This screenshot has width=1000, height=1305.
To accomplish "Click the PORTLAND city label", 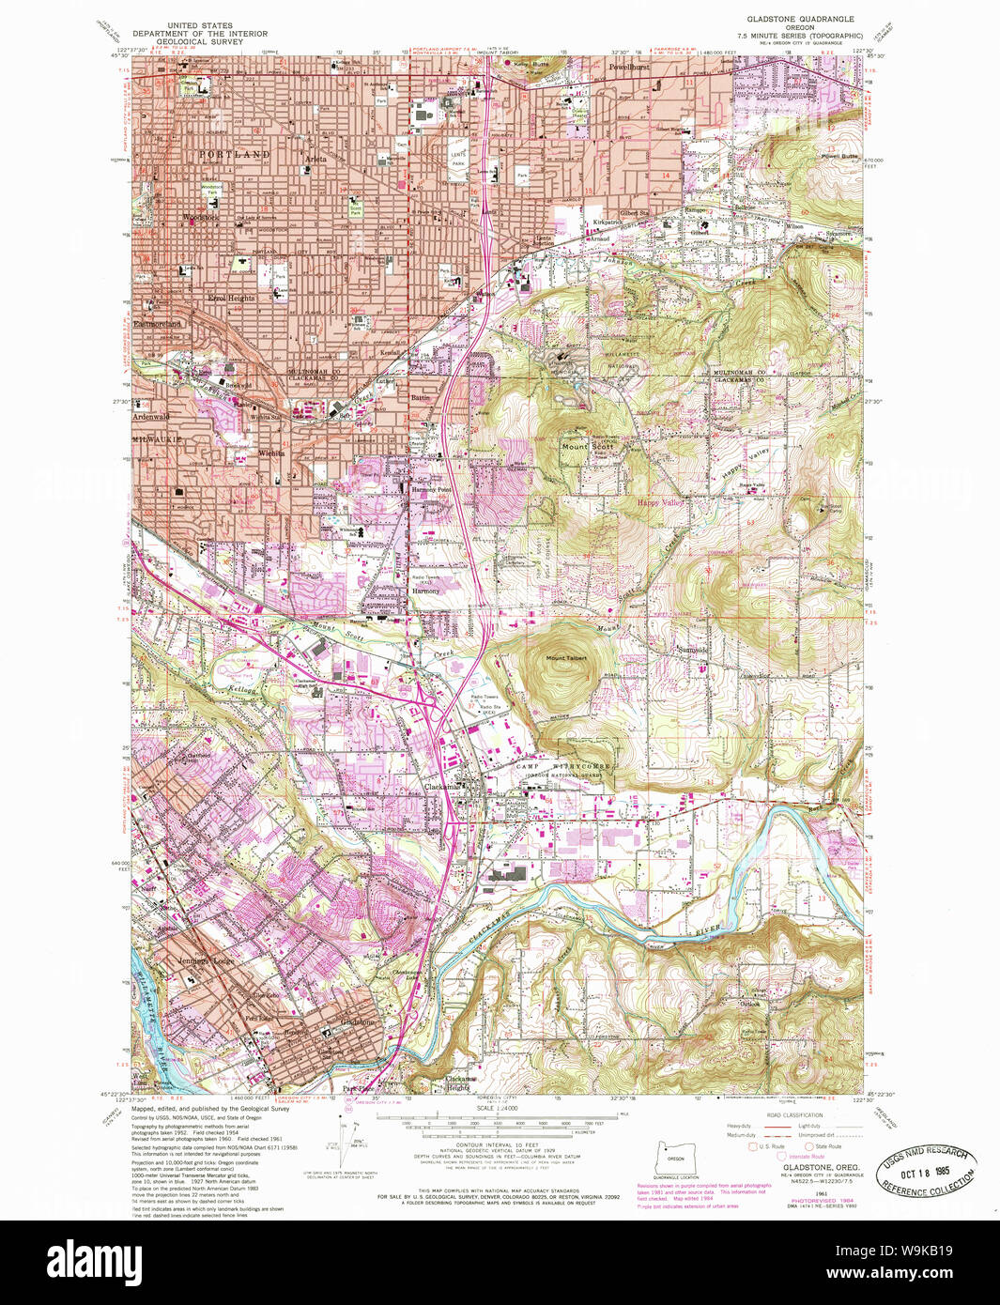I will pos(234,154).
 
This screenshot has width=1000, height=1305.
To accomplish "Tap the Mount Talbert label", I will pos(566,658).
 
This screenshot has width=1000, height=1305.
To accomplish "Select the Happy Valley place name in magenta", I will pos(659,503).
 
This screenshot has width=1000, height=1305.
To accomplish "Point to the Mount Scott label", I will pos(575,447).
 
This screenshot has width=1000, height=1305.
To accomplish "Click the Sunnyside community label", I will pos(693,650).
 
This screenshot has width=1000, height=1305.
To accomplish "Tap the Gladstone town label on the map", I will pos(357,1021).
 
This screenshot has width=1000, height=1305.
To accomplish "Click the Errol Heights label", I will pos(231,298).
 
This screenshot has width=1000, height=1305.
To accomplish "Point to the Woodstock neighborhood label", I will pos(201,218).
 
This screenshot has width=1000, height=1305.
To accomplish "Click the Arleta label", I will pos(315,160).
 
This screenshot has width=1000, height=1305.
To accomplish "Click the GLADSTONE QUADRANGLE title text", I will pos(800,19).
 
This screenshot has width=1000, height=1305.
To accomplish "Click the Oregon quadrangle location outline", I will pos(675,1159).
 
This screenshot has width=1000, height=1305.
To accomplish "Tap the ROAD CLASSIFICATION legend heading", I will pos(793,1115).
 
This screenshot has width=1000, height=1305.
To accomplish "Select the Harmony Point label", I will pos(431,490).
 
